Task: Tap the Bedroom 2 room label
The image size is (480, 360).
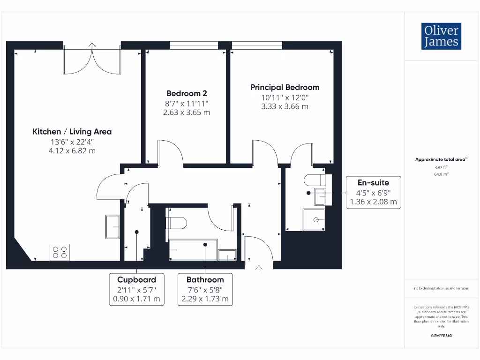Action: (187, 93)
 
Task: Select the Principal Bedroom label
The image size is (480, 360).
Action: (285, 87)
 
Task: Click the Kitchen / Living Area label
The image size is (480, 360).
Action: (72, 132)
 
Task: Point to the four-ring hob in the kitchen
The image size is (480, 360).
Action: (60, 252)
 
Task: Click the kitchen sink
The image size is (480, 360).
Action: (112, 227)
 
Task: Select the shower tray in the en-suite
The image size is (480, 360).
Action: (314, 219)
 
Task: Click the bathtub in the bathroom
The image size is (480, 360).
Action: (193, 249)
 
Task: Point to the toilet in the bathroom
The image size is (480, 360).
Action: (176, 223)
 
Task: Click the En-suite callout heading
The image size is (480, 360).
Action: (373, 182)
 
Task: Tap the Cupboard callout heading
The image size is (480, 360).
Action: (136, 279)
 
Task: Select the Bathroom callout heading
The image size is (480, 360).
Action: (205, 279)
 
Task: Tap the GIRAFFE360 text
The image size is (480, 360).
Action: (441, 336)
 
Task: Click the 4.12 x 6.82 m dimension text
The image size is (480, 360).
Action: (72, 150)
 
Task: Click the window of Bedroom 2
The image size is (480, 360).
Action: (194, 45)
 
